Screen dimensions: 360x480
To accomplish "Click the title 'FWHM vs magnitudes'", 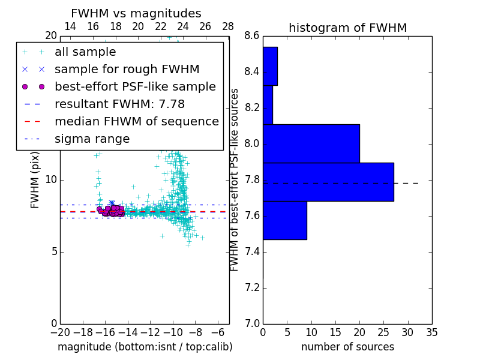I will [x=136, y=14].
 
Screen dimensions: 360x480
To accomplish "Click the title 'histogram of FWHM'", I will [x=347, y=28].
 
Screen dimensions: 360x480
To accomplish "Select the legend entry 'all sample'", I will [x=85, y=52].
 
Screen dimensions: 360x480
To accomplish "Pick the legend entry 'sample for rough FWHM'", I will [x=127, y=69].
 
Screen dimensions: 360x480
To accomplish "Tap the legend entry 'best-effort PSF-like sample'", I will [x=135, y=86].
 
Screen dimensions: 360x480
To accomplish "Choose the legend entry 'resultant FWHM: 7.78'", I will [x=119, y=104].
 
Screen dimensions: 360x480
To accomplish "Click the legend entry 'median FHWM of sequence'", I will [x=136, y=121].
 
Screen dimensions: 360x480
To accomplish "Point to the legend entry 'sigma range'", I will [x=92, y=139].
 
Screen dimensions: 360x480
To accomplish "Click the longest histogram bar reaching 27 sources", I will [x=328, y=182].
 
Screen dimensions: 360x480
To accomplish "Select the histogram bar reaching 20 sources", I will [x=311, y=143].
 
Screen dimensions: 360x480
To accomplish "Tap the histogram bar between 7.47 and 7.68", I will [x=284, y=220].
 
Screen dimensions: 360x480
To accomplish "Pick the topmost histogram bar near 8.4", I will [x=270, y=66].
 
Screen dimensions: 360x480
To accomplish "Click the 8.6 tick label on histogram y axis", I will [x=252, y=36].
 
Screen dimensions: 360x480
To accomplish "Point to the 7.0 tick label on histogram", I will [x=252, y=323].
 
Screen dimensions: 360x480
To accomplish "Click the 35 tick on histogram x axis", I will [x=431, y=332].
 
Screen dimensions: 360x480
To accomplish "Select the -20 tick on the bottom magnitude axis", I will [x=60, y=332].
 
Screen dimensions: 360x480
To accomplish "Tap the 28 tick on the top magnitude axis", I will [x=228, y=26].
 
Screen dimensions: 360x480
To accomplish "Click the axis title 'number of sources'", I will [x=347, y=347].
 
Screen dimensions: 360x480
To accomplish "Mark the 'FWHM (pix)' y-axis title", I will [x=35, y=179].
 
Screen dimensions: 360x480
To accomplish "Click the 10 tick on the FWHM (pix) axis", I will [x=50, y=179].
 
